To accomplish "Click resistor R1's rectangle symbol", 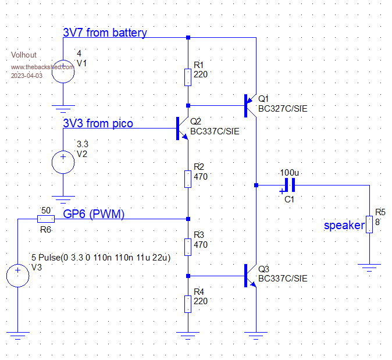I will (188, 77).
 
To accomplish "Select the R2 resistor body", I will (188, 179).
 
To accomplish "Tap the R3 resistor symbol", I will (188, 247).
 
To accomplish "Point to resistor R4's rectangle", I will (188, 304).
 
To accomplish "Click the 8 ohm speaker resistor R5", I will (369, 224).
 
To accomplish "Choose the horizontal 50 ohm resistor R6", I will (46, 219).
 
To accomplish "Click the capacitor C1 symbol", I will (288, 186).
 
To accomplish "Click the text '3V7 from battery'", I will (105, 33).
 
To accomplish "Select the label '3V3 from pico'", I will (98, 123).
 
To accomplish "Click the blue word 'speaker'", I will (344, 225).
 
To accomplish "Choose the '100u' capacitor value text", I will (289, 173).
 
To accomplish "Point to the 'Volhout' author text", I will (24, 55).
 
